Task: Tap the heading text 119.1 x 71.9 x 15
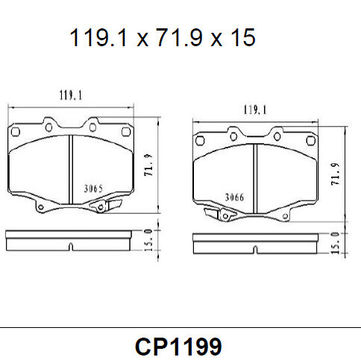tap(163, 37)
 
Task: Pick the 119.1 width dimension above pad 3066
tap(256, 110)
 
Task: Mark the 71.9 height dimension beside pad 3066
tap(336, 174)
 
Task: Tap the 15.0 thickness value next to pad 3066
tap(335, 242)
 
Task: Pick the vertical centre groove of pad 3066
tap(256, 179)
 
